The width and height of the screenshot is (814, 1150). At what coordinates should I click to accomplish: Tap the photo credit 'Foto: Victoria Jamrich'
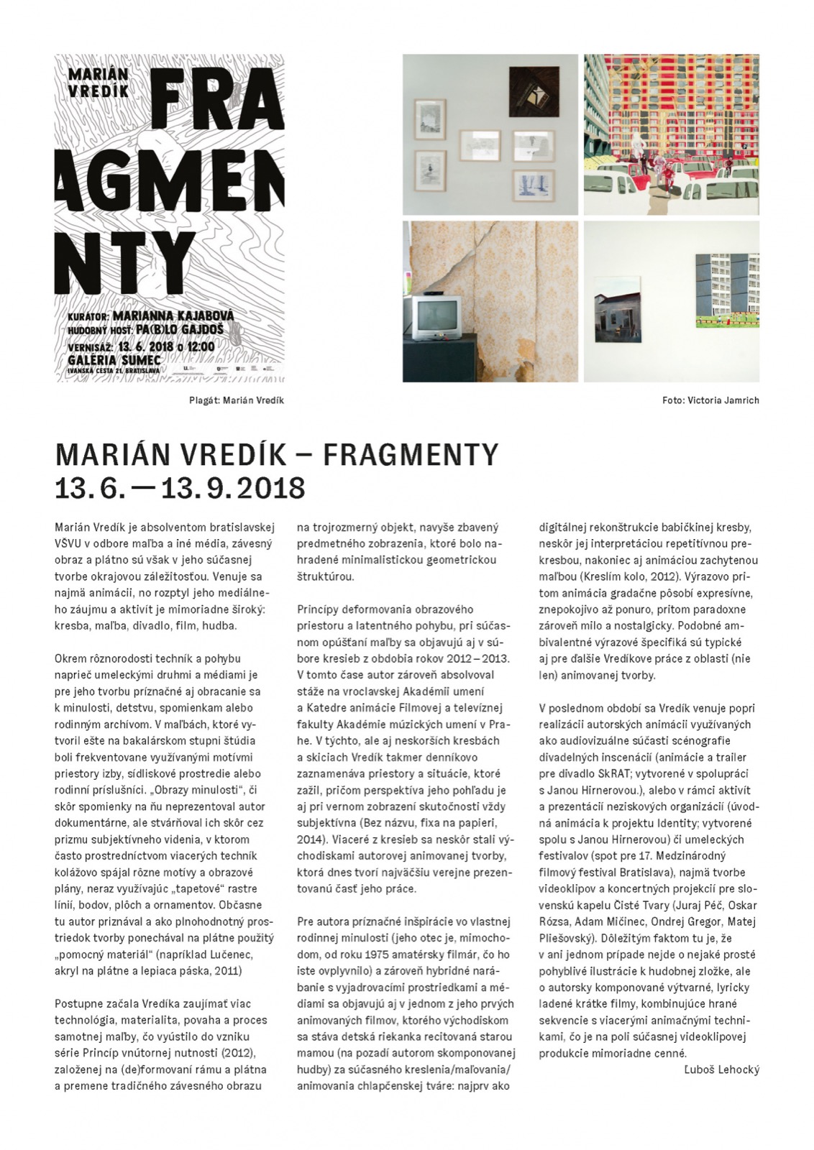tap(710, 400)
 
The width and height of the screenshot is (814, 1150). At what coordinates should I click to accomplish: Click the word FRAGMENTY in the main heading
tap(411, 454)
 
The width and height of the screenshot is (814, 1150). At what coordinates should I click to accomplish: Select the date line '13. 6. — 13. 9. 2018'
tap(180, 488)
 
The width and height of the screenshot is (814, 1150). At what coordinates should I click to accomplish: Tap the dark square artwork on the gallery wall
tap(534, 91)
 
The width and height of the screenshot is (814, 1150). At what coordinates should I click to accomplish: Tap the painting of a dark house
tap(617, 309)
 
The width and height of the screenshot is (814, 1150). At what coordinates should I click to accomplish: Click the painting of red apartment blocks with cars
tap(671, 134)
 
